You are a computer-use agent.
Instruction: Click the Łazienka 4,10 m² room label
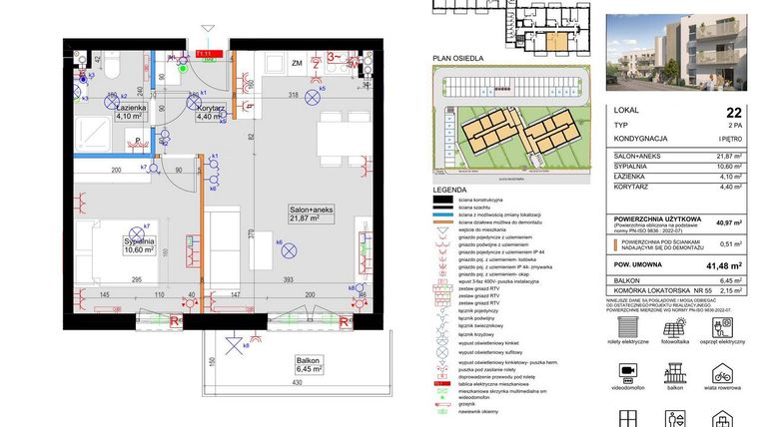click(132, 111)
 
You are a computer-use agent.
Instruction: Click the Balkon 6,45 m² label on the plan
click(301, 363)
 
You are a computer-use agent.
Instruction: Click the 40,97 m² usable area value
click(728, 222)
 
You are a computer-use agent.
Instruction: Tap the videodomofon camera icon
click(629, 375)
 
